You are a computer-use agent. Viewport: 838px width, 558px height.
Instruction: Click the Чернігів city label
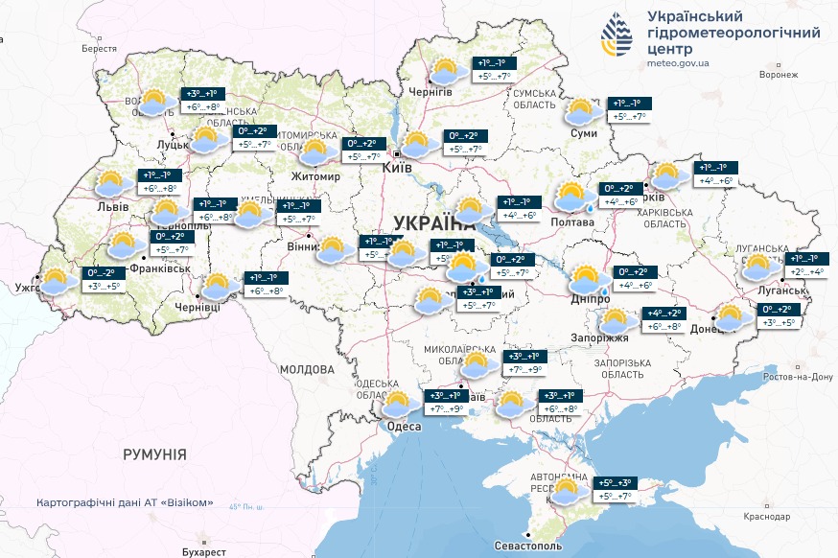click(431, 91)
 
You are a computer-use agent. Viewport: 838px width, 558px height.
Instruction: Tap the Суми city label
click(583, 133)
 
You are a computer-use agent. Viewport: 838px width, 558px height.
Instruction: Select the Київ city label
click(397, 167)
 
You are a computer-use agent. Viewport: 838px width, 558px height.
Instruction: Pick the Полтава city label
click(573, 221)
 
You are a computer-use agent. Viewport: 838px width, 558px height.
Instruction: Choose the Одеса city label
click(404, 427)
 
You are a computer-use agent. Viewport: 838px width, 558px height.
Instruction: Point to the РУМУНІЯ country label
click(155, 453)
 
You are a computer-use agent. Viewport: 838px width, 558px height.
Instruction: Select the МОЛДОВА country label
click(307, 369)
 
